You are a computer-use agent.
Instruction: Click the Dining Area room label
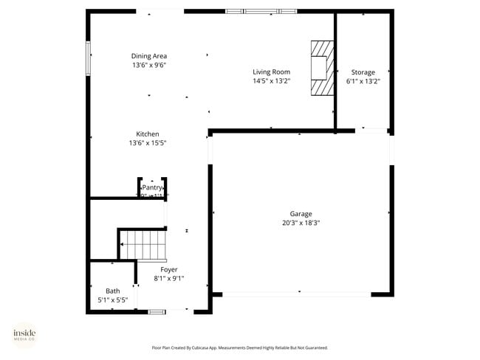[x=148, y=56]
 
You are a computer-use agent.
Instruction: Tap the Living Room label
[x=271, y=72]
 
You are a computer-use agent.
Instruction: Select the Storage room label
[x=363, y=72]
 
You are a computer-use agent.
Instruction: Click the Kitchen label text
[x=147, y=134]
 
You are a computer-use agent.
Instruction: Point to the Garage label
[x=301, y=213]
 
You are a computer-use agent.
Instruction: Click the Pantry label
[x=152, y=188]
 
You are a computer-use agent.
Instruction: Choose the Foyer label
[x=169, y=270]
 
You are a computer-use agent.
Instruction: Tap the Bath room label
[x=112, y=291]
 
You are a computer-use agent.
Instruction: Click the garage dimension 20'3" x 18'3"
[x=301, y=223]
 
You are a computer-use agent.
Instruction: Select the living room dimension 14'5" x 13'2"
[x=271, y=81]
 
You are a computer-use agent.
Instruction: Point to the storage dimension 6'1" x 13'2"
[x=363, y=82]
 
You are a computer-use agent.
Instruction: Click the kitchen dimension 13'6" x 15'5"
[x=147, y=143]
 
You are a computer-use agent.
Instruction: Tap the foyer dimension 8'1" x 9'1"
[x=169, y=279]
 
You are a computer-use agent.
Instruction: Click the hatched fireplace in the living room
[x=321, y=68]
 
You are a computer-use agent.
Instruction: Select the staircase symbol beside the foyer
[x=143, y=244]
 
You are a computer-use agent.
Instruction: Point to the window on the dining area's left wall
[x=89, y=59]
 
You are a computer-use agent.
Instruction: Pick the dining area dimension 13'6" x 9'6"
[x=148, y=66]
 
